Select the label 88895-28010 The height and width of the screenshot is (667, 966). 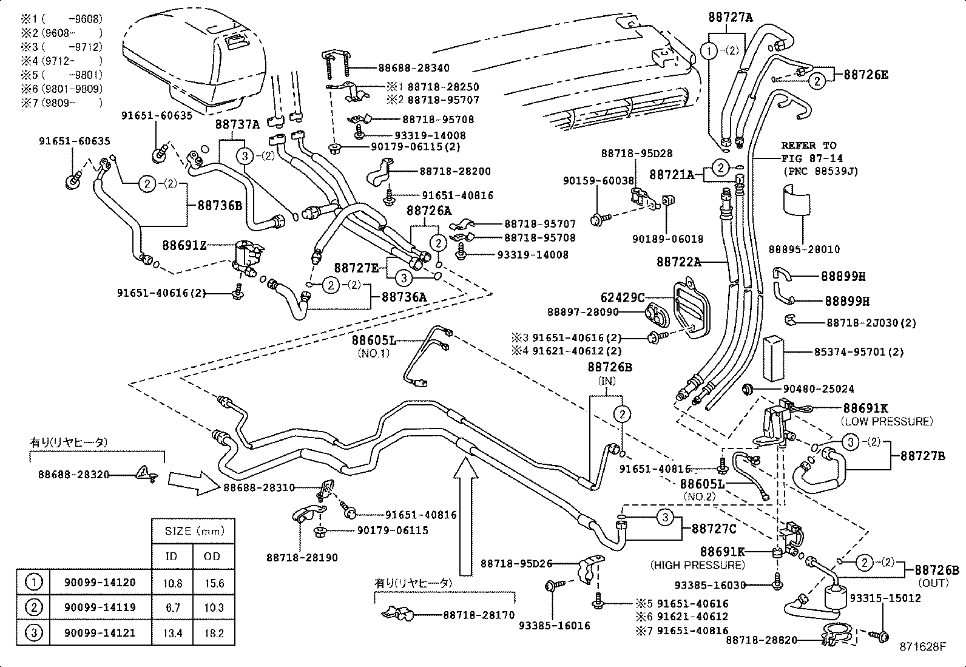804,249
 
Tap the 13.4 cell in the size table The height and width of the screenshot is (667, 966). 172,633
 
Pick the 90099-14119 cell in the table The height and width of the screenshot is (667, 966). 100,608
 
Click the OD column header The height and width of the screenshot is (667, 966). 214,557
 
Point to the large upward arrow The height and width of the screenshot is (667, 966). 465,516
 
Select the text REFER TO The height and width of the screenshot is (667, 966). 808,146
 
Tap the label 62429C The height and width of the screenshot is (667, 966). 622,297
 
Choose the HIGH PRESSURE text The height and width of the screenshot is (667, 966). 697,565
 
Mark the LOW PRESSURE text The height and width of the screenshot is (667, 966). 886,421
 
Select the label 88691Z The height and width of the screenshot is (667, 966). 184,245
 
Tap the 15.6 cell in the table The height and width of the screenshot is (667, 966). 214,583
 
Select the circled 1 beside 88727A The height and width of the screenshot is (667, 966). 709,51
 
